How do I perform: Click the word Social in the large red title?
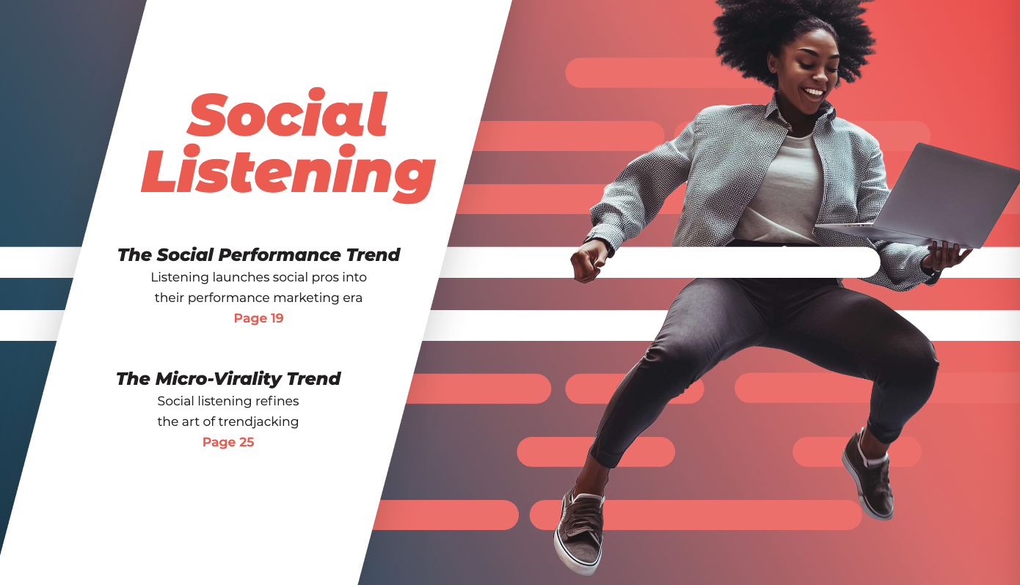(x=287, y=113)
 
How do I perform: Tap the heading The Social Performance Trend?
(x=258, y=254)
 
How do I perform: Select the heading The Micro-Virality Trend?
(x=228, y=379)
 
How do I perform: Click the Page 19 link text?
(x=258, y=318)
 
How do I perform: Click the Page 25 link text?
(x=228, y=442)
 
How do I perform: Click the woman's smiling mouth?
(x=814, y=94)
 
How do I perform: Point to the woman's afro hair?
(x=793, y=32)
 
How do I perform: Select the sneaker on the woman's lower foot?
(x=579, y=531)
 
